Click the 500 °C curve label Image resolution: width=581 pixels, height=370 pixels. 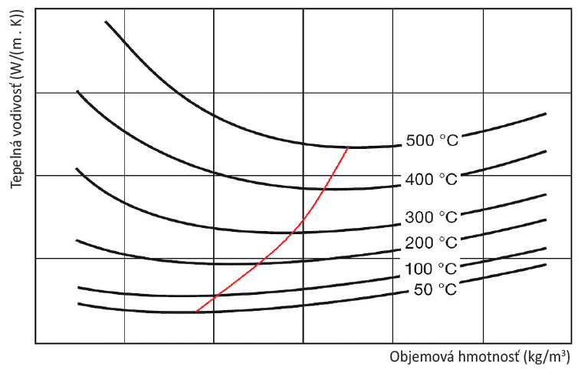[431, 141]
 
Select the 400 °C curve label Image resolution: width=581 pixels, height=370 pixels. [431, 180]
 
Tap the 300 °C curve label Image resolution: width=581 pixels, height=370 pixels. [431, 217]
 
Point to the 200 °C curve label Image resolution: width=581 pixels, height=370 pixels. [431, 243]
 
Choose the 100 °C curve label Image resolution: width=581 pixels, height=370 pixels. [431, 269]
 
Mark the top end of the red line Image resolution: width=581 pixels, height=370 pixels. [349, 147]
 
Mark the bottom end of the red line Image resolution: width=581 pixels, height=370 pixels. [196, 312]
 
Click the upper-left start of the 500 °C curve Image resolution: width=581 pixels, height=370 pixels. [106, 21]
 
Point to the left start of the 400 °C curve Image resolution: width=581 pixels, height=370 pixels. [77, 91]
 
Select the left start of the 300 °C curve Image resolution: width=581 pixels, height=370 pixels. [77, 168]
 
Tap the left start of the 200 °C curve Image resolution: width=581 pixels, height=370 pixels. [77, 240]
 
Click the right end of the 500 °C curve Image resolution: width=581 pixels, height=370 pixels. [545, 114]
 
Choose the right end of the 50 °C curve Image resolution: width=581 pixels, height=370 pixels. [545, 264]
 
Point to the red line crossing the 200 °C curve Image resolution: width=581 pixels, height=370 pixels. [258, 263]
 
